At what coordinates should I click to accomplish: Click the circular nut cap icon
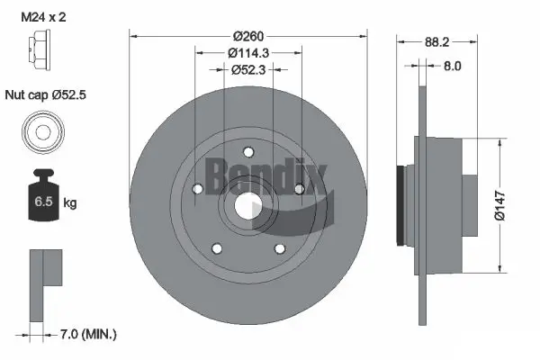[x=43, y=132]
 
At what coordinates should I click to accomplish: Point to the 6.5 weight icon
[x=42, y=200]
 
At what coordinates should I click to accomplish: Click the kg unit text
[x=69, y=203]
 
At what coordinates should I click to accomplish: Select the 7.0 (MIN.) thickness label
[x=87, y=334]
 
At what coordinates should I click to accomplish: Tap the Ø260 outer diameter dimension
[x=247, y=37]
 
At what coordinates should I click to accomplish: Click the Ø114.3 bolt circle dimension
[x=247, y=53]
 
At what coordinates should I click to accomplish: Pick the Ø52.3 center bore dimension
[x=247, y=69]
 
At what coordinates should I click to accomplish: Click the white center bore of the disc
[x=247, y=205]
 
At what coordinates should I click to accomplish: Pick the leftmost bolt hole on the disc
[x=197, y=188]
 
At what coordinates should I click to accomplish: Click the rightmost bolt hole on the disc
[x=298, y=188]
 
